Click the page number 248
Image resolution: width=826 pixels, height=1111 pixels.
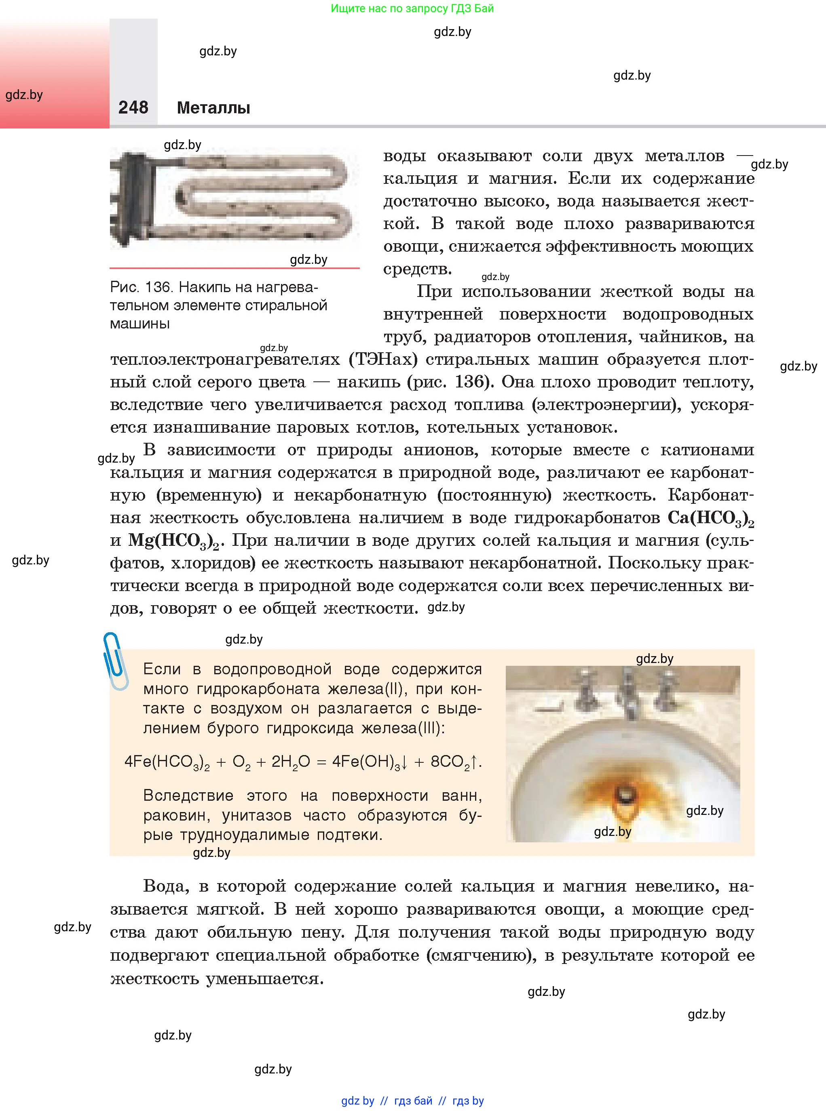tap(133, 107)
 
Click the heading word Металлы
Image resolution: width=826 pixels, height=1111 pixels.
tap(213, 108)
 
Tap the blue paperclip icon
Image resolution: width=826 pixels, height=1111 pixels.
tap(116, 661)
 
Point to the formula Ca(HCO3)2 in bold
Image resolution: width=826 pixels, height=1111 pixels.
tap(710, 518)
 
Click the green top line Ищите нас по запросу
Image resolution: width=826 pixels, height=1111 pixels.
tap(412, 8)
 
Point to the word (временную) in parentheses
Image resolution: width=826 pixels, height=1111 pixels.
tap(209, 496)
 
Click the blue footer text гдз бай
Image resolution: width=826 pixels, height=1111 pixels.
tap(413, 1100)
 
